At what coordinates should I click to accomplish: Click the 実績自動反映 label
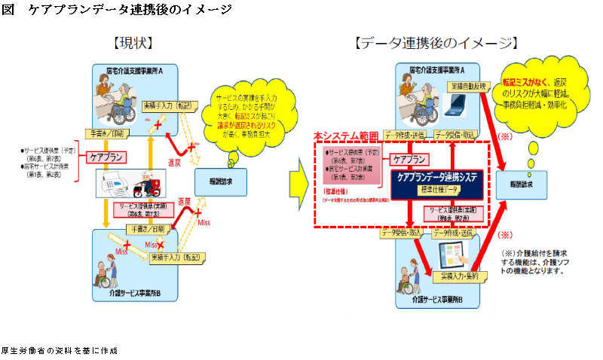[x=470, y=86]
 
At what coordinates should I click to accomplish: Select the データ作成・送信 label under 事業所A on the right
[x=405, y=135]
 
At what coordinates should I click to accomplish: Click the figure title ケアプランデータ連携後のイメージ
[x=128, y=10]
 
